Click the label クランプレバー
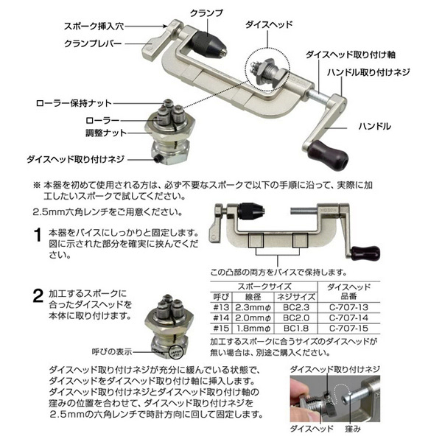click(93, 43)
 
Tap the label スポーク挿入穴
click(94, 27)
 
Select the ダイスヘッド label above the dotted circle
click(269, 24)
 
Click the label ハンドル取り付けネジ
click(368, 73)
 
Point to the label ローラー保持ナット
click(74, 103)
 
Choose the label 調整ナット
click(106, 133)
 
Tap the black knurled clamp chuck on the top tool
click(207, 44)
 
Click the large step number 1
click(38, 235)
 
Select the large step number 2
click(38, 296)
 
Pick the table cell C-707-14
click(348, 318)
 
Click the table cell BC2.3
click(296, 307)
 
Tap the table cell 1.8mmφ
click(253, 329)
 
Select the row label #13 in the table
click(221, 307)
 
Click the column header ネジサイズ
click(296, 297)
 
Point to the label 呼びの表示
click(112, 351)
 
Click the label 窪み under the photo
click(353, 429)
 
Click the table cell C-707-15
click(348, 329)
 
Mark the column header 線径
click(253, 297)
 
